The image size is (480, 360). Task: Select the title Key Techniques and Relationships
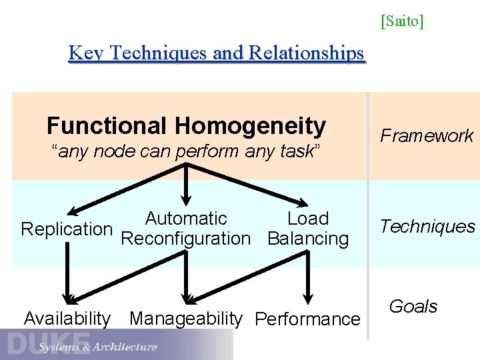point(217,53)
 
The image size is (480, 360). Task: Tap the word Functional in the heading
point(107,125)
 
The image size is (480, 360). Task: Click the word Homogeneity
point(250,125)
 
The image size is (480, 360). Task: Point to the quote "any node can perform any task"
point(187,151)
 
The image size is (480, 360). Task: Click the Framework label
point(427,136)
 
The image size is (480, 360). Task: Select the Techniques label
point(427,227)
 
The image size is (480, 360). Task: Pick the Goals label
point(413,307)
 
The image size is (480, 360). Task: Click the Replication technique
point(67,229)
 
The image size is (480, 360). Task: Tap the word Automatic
point(186,219)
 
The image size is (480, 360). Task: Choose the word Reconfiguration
point(186,239)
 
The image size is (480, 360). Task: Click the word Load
point(308,219)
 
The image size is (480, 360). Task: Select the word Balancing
point(308,239)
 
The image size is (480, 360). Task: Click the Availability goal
point(67,319)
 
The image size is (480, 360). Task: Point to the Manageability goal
point(186,319)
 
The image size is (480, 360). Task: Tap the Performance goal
point(308,319)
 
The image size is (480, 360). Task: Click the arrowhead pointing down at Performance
point(308,297)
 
